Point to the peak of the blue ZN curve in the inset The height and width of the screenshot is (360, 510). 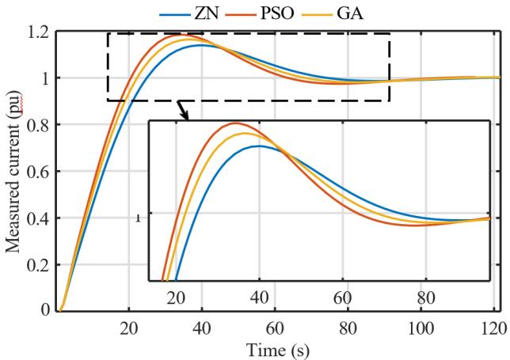[258, 146]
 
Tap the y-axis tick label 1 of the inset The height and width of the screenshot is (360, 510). [139, 218]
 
